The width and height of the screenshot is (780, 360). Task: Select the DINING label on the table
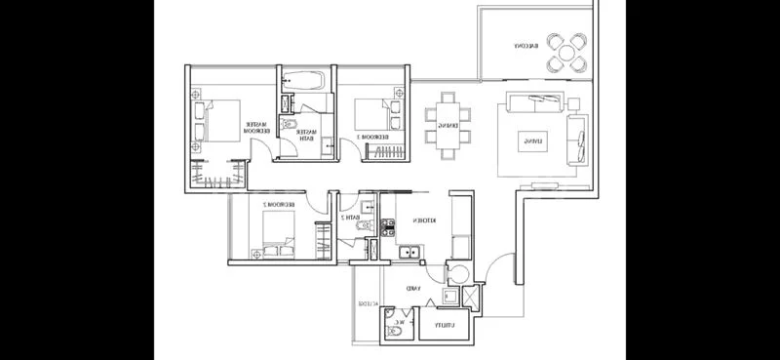coord(448,125)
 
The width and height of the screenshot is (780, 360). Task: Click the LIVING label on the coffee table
coord(532,141)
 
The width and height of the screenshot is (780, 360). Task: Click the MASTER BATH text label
coord(306,135)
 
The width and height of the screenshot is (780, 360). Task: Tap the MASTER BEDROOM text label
coord(257,127)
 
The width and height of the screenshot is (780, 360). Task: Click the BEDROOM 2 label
coord(280,203)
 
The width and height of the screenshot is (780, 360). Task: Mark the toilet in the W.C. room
coord(393,332)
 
